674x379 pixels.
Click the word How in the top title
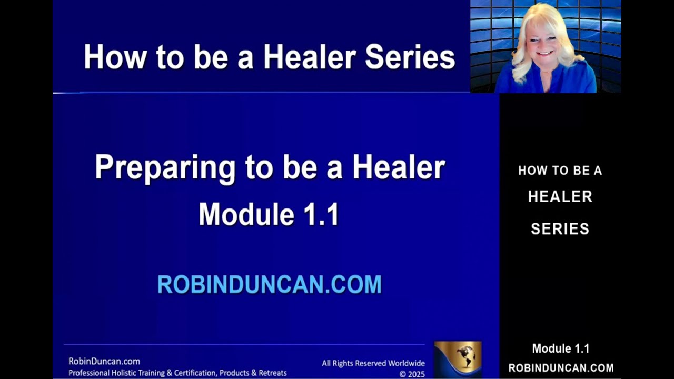[x=115, y=57]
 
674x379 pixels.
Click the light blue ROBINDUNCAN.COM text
[x=269, y=285]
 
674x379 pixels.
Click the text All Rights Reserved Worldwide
[x=373, y=363]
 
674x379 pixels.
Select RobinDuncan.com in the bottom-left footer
[x=104, y=361]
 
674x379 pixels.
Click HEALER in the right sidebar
[x=560, y=197]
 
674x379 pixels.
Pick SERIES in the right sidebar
[x=560, y=228]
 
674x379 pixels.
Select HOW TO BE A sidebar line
[x=560, y=171]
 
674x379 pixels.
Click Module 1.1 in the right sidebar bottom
[x=560, y=348]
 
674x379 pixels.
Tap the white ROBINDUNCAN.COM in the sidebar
[x=560, y=368]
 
